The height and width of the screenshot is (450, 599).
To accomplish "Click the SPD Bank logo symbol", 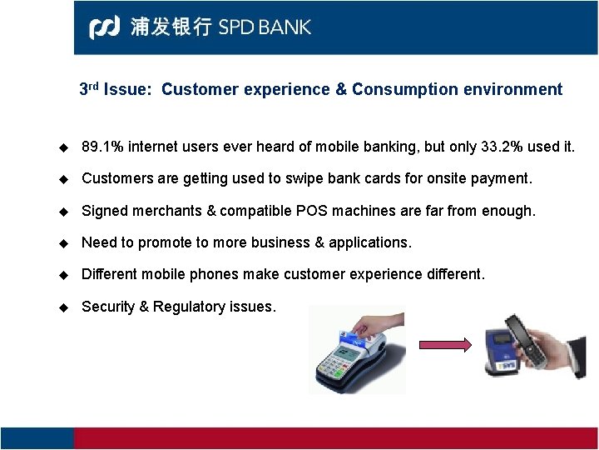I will tap(105, 27).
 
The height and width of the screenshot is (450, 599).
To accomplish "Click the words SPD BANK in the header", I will tap(265, 27).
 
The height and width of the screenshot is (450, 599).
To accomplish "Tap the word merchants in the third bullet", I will tap(165, 211).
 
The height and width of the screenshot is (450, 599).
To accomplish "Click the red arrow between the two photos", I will tap(444, 345).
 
